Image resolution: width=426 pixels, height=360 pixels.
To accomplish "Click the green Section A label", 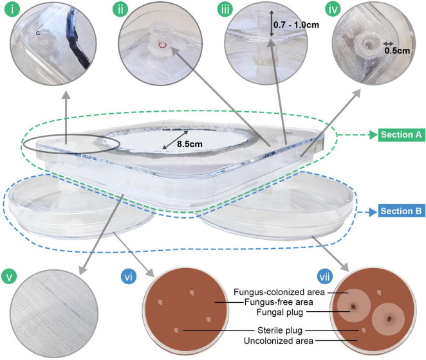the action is coord(401,134).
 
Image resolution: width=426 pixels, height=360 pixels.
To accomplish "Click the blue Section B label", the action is coord(401,211).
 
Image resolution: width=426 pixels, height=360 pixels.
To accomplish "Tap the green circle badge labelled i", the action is coord(12,9).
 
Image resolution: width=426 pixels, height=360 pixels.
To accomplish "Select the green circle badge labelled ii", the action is coord(120,10).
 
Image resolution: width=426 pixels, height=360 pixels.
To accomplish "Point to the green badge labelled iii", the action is coord(225,10).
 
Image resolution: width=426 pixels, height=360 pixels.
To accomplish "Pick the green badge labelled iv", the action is coord(333,10).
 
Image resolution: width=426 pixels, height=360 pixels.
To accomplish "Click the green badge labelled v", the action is coord(9,277).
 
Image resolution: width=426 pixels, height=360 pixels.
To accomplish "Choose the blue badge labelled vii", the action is coord(325,277).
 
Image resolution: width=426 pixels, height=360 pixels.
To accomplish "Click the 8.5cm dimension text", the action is coord(190,144).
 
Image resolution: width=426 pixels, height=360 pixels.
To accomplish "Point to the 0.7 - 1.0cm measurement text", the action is coord(296,25).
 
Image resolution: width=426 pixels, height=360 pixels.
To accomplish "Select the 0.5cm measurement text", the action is coord(397,51).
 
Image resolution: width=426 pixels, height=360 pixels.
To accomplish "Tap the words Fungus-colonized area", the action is coord(279,292).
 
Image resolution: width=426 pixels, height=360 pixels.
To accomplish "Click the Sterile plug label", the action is coord(279,330).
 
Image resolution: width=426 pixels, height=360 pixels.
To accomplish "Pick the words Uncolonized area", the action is coord(279,341).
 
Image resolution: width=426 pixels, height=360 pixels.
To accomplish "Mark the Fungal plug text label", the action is coord(279,312).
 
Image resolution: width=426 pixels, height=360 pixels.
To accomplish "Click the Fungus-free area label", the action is coord(279,302).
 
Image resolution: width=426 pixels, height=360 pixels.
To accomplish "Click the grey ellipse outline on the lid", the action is coord(71,133).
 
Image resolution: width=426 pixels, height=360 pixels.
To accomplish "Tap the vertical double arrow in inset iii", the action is coord(271,24).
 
